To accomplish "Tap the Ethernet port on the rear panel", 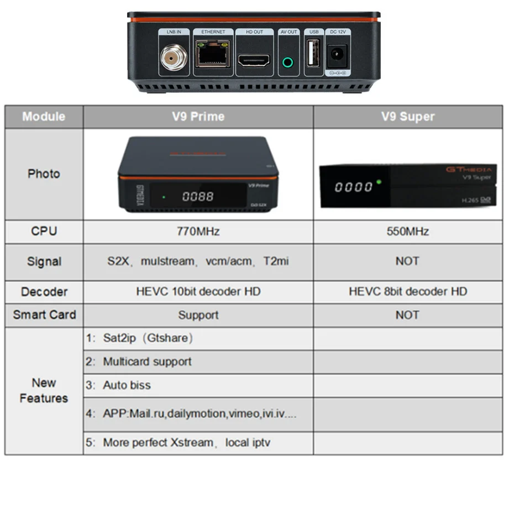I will (x=213, y=55).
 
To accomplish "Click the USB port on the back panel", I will (x=312, y=55).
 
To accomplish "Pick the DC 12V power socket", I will (x=337, y=56).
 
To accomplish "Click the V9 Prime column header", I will (x=198, y=117).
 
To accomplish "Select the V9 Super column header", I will (x=408, y=117).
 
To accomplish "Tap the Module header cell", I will (x=44, y=117).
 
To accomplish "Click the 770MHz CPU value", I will (x=198, y=232).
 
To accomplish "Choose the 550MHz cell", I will (x=408, y=232).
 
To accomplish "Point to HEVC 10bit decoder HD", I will (x=198, y=291).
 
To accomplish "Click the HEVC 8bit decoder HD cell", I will (x=408, y=291).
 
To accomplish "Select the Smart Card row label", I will (x=44, y=315).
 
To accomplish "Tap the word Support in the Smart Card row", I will (x=198, y=315).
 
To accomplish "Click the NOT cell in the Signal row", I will (x=407, y=261).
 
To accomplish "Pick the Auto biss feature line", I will (x=127, y=385).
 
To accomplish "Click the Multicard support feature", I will (x=147, y=362).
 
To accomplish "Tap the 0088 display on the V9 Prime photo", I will (x=197, y=196).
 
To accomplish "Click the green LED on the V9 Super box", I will (x=379, y=182).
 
